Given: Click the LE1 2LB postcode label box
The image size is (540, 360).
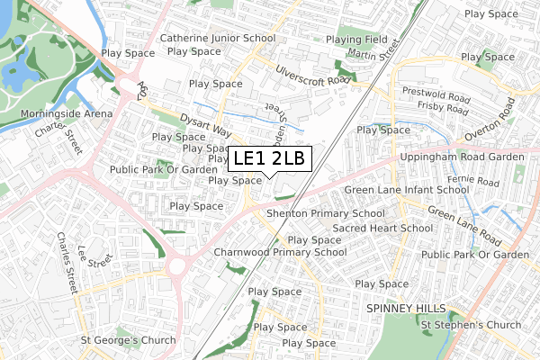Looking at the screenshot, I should [269, 159].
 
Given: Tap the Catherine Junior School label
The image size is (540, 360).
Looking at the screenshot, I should [217, 39].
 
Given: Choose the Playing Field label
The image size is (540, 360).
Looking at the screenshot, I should [356, 40].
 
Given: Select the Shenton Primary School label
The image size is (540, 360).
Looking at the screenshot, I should [325, 213].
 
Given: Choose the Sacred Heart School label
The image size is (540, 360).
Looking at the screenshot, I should [382, 229].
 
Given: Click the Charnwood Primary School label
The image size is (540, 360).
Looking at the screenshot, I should [280, 253].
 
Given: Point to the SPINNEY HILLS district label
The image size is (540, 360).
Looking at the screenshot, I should [406, 308].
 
